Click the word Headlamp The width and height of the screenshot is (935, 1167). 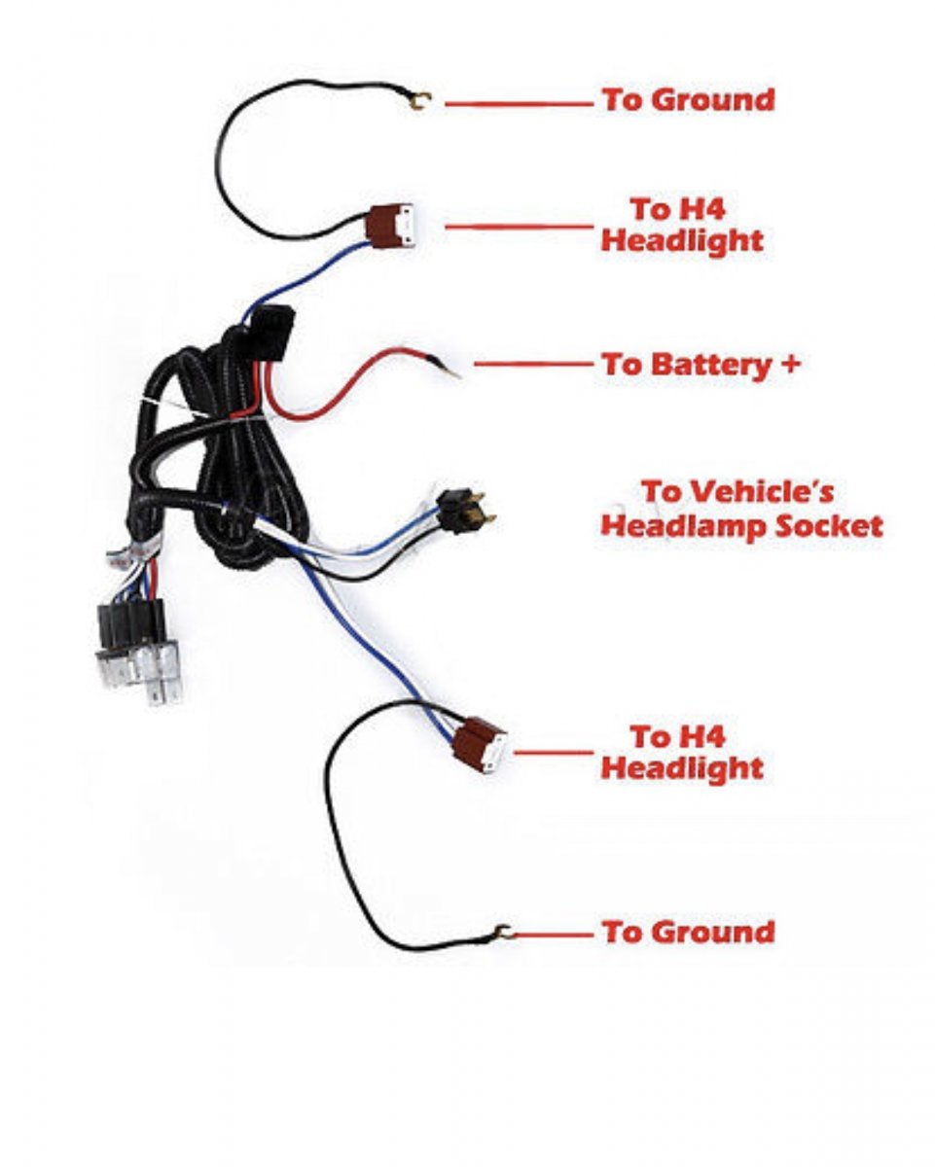[685, 526]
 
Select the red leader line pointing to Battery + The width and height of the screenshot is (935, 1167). [532, 365]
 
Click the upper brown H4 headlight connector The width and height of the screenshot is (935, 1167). [392, 228]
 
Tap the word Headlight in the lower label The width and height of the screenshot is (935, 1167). [682, 768]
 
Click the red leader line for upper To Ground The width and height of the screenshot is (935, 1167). [519, 102]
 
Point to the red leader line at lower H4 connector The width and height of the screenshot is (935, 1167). [553, 752]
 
